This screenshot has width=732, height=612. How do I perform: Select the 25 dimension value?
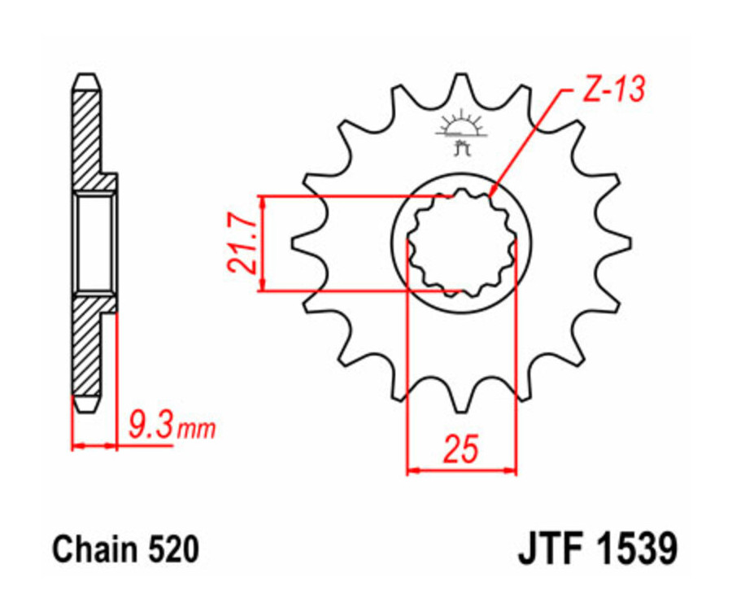tap(460, 448)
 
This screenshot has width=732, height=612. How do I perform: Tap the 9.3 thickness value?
tap(151, 424)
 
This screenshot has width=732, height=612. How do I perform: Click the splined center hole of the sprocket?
tap(461, 243)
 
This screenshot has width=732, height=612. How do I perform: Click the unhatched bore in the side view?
tap(95, 243)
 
